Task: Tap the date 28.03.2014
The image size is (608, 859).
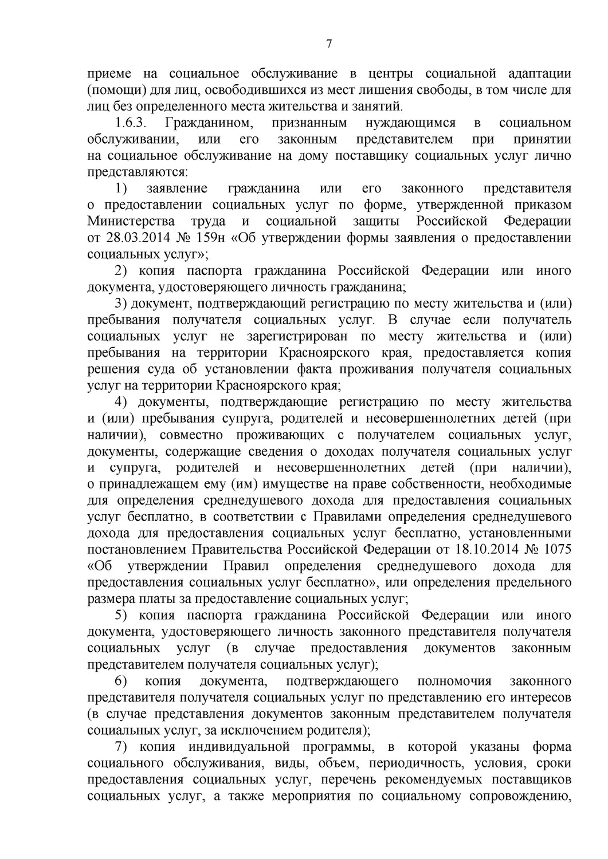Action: point(132,238)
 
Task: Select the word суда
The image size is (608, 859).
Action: point(155,369)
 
